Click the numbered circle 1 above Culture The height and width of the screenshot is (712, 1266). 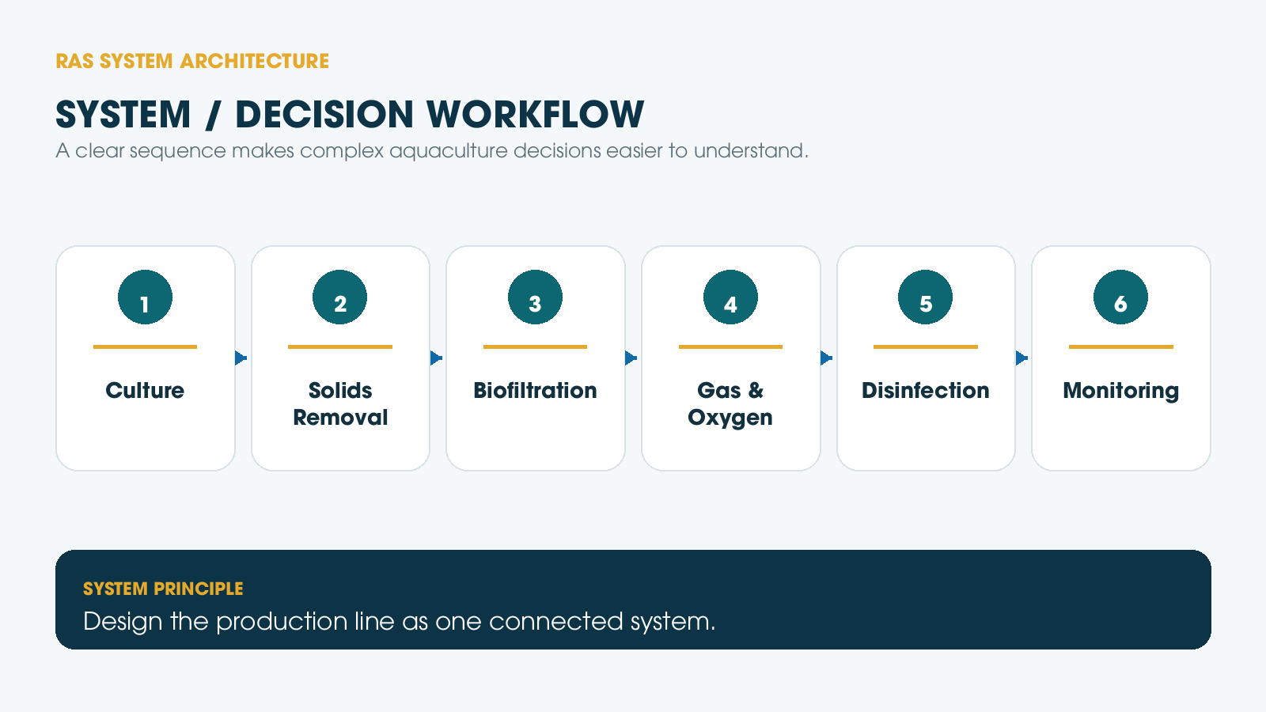tap(146, 297)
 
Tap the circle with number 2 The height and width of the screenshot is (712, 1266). tap(339, 297)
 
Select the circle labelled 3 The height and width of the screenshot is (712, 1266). tap(535, 297)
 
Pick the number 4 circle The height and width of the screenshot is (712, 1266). tap(730, 297)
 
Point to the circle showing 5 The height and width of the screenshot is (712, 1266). tap(925, 297)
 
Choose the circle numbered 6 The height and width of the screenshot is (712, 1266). tap(1120, 297)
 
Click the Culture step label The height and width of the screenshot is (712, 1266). tap(146, 391)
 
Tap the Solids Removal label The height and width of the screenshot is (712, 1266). tap(340, 404)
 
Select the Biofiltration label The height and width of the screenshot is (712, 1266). tap(535, 391)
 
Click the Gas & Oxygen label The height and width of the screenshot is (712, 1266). tap(730, 404)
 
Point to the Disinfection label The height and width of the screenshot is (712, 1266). tap(925, 391)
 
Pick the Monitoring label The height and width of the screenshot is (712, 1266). tap(1120, 391)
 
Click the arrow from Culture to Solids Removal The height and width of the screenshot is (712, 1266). tap(241, 358)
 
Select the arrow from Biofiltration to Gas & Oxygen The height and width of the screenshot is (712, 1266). tap(631, 358)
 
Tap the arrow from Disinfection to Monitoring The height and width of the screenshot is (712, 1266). tap(1022, 358)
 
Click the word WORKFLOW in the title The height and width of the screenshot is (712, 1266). tap(535, 115)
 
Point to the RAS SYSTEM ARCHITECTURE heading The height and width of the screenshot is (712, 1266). tap(192, 61)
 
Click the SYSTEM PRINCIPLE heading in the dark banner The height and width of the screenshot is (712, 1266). tap(163, 589)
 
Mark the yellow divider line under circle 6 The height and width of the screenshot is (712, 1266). tap(1120, 347)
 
